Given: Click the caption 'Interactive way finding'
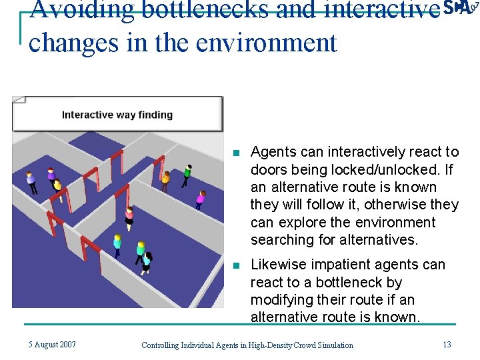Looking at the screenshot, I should pos(117,115).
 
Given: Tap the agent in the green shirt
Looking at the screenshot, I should pos(187,173).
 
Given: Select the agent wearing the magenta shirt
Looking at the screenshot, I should pos(200,197).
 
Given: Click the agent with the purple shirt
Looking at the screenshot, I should pos(51,176).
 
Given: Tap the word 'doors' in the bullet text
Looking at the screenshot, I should pos(269,170).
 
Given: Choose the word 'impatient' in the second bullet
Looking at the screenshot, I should pos(340,265).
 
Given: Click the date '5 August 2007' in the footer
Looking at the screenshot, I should pos(52,345).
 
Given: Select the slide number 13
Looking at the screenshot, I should pos(447,345).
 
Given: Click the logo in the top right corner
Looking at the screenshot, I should pos(461,8).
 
